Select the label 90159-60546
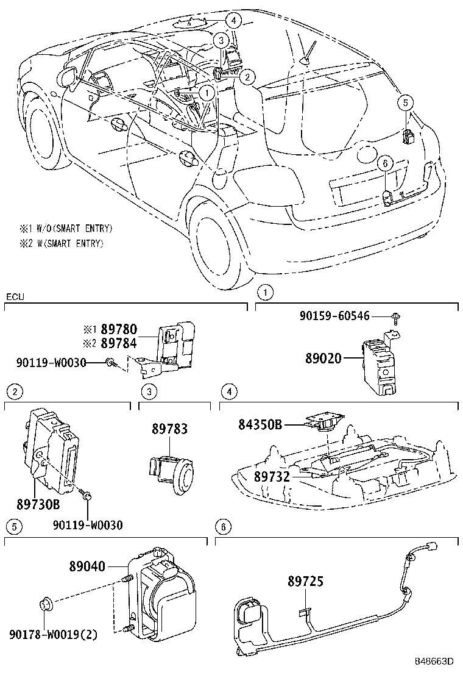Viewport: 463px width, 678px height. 334,315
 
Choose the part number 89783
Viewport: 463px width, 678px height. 169,430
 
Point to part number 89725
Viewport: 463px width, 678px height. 306,582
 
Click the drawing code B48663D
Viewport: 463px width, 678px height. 435,661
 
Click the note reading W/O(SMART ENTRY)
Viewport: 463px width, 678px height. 66,229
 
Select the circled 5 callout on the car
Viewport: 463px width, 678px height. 406,102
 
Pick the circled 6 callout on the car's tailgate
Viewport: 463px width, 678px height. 383,162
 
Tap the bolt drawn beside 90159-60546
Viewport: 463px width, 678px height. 395,316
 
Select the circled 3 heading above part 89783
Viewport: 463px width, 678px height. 147,390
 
